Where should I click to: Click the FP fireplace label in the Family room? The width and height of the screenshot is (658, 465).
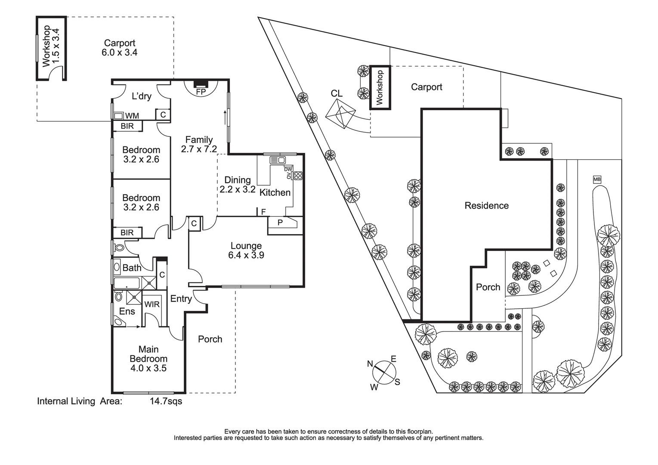coord(201,92)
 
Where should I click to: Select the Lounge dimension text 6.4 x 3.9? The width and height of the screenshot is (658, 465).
coord(246,255)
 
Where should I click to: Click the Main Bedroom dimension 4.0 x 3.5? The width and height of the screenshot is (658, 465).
coord(148,368)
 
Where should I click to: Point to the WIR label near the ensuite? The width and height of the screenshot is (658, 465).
coord(152,304)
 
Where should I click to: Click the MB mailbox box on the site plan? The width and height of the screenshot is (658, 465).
coord(596,180)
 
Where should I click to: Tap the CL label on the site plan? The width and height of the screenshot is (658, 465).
coord(337,93)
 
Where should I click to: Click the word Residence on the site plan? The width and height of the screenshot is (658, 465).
coord(486,206)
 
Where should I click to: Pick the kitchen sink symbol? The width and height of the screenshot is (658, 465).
coord(278,160)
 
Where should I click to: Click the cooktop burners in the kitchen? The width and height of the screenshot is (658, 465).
coord(297,176)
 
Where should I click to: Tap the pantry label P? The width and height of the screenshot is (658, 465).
coord(280,223)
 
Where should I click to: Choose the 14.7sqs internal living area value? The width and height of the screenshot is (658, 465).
coord(166,402)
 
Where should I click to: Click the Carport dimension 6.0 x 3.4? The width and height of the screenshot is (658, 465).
coord(120,53)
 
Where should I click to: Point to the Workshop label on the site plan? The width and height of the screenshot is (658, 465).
coord(380,88)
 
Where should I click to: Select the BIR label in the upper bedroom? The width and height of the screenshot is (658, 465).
coord(127,126)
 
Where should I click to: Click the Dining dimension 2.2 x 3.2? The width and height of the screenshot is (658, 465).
coord(238,189)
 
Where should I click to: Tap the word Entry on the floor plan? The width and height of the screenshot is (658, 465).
coord(181,299)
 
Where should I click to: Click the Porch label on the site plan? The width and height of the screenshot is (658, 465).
coord(488,287)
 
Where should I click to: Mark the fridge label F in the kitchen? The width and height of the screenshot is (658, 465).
coord(263,212)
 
